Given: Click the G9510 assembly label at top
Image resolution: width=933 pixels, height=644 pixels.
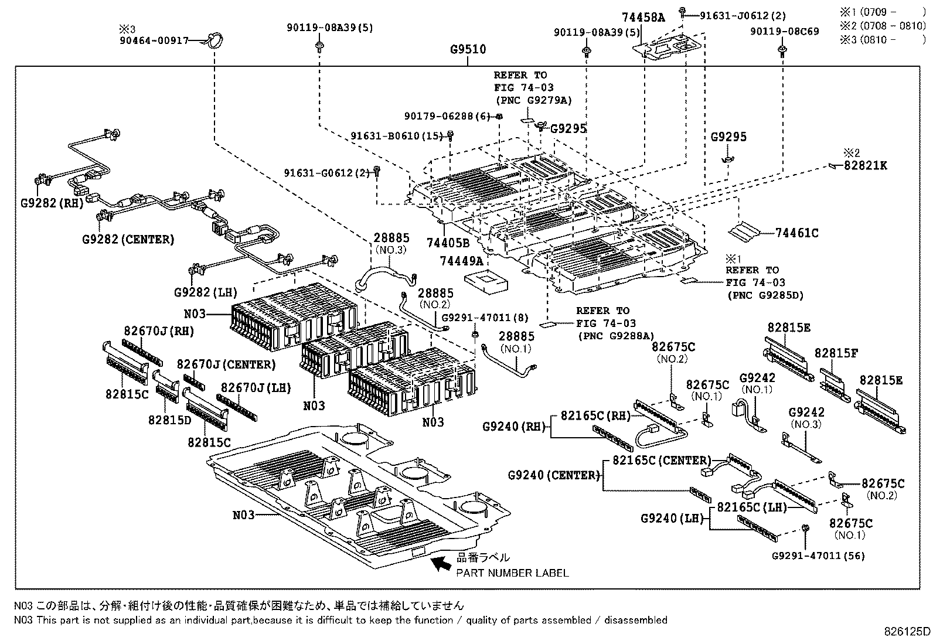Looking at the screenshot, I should click(468, 50).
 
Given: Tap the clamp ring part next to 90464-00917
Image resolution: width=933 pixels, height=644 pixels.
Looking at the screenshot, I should click(214, 41).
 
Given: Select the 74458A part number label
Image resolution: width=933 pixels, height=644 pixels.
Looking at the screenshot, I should click(643, 18).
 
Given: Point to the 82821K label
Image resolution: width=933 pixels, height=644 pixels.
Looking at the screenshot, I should click(865, 166).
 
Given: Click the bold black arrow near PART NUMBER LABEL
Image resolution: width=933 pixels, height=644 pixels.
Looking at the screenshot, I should click(441, 564).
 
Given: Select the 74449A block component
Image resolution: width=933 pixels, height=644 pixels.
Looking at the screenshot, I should click(486, 282).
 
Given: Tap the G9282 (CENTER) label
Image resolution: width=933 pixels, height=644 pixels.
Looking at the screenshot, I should click(128, 240).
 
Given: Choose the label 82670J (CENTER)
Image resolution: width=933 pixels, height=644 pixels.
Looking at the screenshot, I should click(226, 364).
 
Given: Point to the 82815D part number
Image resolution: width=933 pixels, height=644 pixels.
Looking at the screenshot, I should click(169, 420).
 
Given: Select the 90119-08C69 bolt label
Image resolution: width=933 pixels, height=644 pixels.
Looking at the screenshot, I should click(784, 31).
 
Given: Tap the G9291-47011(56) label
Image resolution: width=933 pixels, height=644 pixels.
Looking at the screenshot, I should click(818, 556).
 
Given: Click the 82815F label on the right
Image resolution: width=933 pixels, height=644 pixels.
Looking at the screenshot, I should click(836, 353).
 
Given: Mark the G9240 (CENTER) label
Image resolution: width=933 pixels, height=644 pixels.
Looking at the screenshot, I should click(554, 475).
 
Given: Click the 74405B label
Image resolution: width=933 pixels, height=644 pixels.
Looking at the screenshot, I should click(448, 243).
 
